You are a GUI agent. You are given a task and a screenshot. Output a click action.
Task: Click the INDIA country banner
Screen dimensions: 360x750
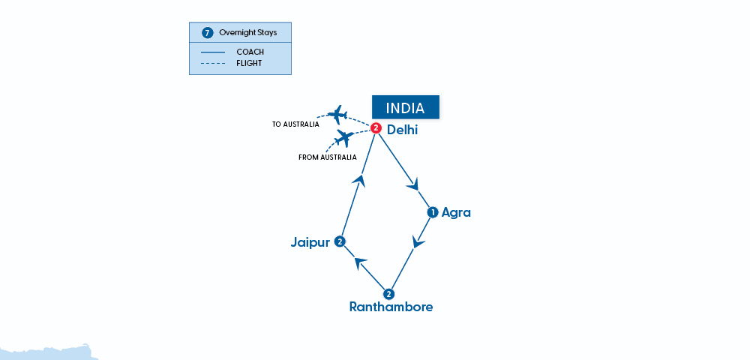(406, 108)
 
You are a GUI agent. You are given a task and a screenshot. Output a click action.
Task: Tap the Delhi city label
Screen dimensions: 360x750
(402, 130)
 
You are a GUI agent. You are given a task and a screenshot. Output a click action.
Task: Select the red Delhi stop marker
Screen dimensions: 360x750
(376, 128)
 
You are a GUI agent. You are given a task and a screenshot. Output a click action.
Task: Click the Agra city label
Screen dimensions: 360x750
(456, 212)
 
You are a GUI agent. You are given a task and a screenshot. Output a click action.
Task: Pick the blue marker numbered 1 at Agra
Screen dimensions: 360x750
(432, 212)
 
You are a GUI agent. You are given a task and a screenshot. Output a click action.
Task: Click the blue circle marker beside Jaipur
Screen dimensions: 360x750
(340, 241)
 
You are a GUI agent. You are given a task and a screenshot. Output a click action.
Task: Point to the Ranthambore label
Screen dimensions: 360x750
(391, 307)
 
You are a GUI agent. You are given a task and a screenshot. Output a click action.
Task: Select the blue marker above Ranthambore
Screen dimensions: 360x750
(388, 293)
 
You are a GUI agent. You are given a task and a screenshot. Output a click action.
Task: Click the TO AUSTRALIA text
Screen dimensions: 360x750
(295, 124)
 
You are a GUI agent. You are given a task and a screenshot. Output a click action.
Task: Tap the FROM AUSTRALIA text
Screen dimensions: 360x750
(328, 157)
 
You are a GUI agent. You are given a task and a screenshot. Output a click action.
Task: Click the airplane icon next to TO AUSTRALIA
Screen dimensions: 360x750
(337, 115)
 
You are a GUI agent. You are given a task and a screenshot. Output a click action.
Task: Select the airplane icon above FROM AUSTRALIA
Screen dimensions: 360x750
(344, 138)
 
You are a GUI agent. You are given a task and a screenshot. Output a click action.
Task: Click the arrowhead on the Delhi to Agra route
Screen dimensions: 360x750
(412, 184)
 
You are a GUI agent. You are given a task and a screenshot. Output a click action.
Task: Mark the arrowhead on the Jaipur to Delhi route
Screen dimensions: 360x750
(361, 179)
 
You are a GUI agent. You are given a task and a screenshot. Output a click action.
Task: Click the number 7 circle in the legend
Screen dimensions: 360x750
(208, 33)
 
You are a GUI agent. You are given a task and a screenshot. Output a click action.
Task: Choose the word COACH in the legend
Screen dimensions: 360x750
(250, 52)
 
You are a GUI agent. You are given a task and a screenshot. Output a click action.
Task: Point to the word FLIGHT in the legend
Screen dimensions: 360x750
(249, 63)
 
